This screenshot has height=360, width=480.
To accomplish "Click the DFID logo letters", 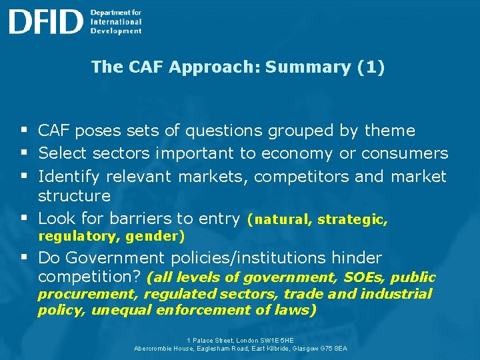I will pos(46,21).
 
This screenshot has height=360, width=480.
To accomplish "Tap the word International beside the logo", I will pos(116,21).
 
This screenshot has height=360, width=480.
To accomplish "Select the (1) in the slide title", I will pos(371,67).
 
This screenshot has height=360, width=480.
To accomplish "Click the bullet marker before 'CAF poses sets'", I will pos(24,131).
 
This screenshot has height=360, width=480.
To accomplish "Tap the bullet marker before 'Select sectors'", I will pos(24,153).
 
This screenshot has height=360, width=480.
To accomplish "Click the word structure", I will pos(74,195).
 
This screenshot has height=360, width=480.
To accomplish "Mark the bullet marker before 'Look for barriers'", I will pos(24,219).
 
